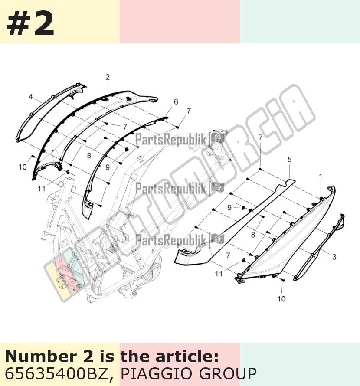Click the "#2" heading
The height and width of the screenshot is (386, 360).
click(30, 23)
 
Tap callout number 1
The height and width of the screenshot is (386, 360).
click(321, 177)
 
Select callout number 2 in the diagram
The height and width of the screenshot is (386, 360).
click(108, 77)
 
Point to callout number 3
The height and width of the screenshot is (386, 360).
click(334, 257)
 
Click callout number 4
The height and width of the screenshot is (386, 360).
click(31, 97)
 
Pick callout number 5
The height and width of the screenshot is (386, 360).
click(290, 160)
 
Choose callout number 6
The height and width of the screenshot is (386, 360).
click(176, 101)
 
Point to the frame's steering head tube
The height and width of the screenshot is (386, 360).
click(68, 187)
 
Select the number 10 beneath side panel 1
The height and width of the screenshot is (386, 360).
click(281, 299)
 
